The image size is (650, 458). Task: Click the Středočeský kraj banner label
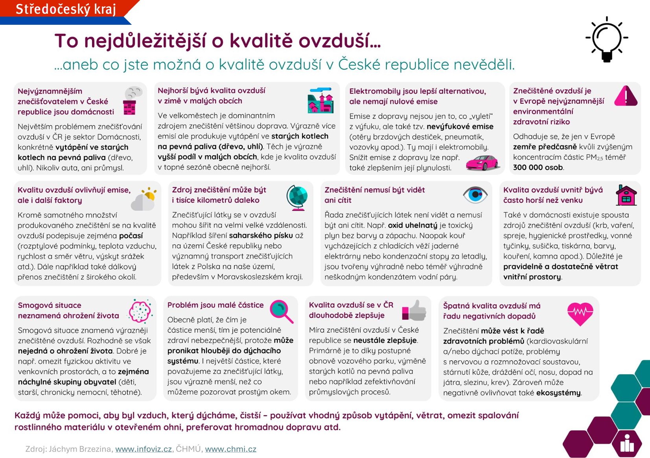tap(66, 9)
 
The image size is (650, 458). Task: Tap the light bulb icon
tap(607, 39)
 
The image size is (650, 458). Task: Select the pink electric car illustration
tap(482, 163)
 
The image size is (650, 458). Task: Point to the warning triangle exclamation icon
tap(626, 96)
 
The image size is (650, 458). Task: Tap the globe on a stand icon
tap(297, 198)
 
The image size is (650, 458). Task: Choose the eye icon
tap(475, 195)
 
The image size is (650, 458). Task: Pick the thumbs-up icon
tap(414, 310)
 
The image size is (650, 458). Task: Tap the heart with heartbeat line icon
tap(580, 313)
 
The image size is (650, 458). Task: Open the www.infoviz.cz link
tap(144, 449)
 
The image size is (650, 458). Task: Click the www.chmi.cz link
tap(230, 449)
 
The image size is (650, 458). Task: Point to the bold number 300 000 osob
tap(538, 167)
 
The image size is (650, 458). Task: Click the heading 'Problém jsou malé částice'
tap(215, 305)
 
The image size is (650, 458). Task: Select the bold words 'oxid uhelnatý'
tap(412, 225)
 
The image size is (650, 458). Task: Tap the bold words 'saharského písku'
tap(261, 235)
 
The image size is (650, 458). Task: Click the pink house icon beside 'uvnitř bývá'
tap(626, 195)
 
